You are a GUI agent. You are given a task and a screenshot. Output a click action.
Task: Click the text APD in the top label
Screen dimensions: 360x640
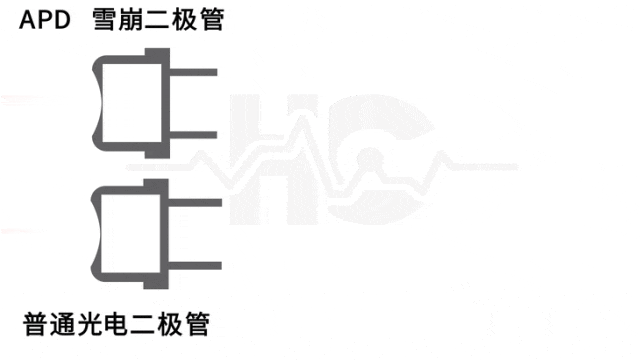44,20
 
